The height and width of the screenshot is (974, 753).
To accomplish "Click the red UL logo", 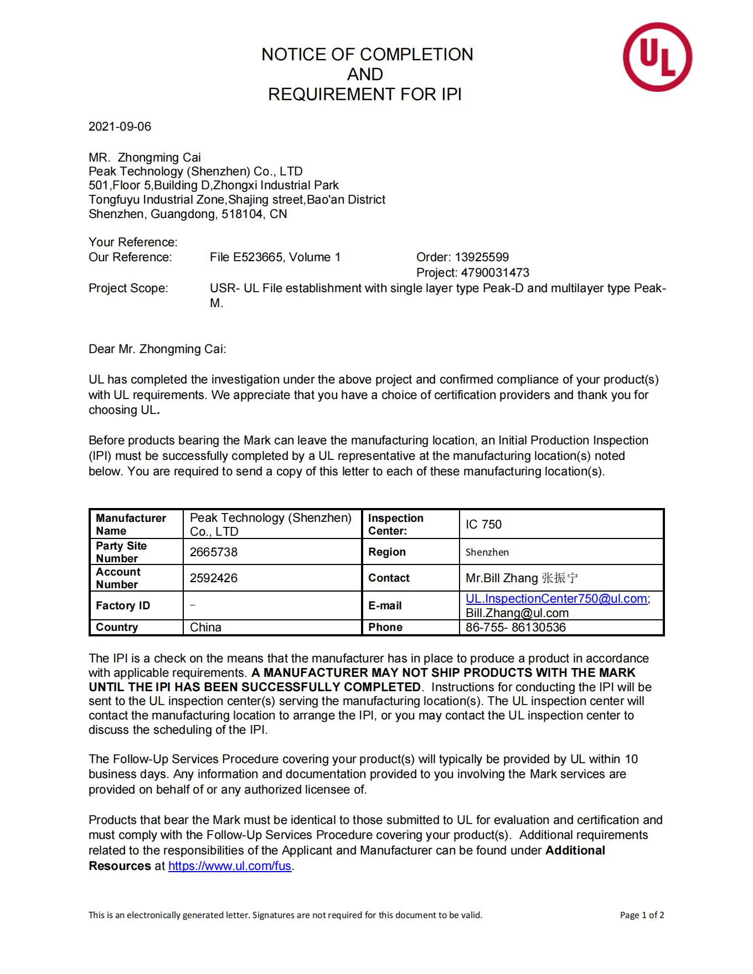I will point(657,57).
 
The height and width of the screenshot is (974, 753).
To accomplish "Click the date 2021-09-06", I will point(120,127).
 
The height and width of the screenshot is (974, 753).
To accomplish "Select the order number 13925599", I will point(481,257).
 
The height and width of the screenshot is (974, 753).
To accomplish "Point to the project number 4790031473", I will point(495,273).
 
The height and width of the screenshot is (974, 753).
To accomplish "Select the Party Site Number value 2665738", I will point(213,552).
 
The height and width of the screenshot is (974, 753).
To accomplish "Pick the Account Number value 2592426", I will point(213,578).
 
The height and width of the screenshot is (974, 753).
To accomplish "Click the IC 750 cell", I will point(483,525).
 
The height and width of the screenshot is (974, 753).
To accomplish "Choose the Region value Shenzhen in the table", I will point(487,552).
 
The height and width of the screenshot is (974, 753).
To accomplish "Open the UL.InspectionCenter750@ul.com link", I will point(556,599).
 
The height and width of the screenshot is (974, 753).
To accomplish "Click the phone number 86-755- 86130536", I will point(515,628).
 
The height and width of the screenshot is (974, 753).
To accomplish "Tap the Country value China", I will point(205,628).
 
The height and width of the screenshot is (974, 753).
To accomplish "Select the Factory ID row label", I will point(123,606).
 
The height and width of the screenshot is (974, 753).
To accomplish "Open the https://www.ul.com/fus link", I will point(230,866).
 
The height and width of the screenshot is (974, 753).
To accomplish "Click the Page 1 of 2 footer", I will point(642,915).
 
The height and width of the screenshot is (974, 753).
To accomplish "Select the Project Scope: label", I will point(128,288).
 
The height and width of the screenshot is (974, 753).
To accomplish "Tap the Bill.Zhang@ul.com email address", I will point(517,613).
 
